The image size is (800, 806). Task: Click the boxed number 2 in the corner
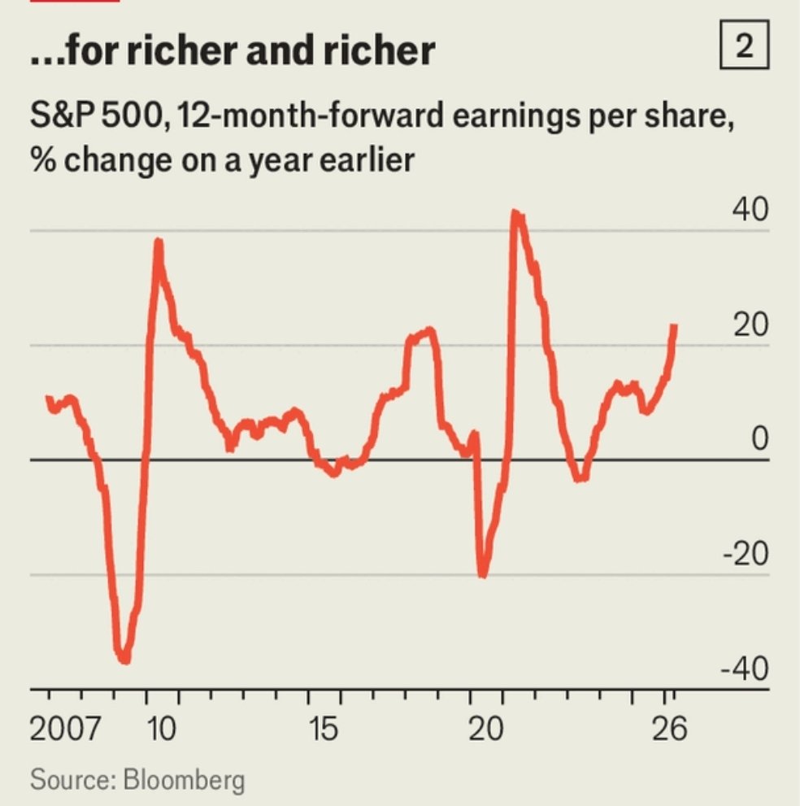[743, 48]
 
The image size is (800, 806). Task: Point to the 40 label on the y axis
[749, 210]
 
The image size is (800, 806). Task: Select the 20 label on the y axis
[749, 325]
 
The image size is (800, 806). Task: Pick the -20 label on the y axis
[745, 555]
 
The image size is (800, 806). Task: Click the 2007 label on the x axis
[66, 729]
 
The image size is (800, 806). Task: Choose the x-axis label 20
[486, 729]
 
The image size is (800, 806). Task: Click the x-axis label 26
[668, 729]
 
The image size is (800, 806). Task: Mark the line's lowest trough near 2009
[124, 659]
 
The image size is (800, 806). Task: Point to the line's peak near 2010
[159, 242]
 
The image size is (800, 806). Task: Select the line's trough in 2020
[482, 573]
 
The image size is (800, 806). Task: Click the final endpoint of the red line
[674, 326]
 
